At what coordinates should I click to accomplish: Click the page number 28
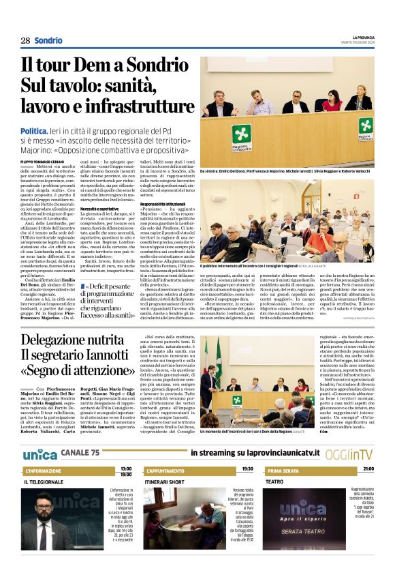25,40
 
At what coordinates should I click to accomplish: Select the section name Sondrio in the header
48,40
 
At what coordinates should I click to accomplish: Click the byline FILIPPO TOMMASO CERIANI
42,162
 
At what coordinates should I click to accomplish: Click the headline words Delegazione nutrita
75,340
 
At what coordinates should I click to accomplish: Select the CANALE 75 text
80,454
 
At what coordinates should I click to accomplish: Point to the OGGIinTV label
354,454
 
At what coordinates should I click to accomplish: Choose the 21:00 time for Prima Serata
368,469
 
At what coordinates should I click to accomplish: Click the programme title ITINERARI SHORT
165,482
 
